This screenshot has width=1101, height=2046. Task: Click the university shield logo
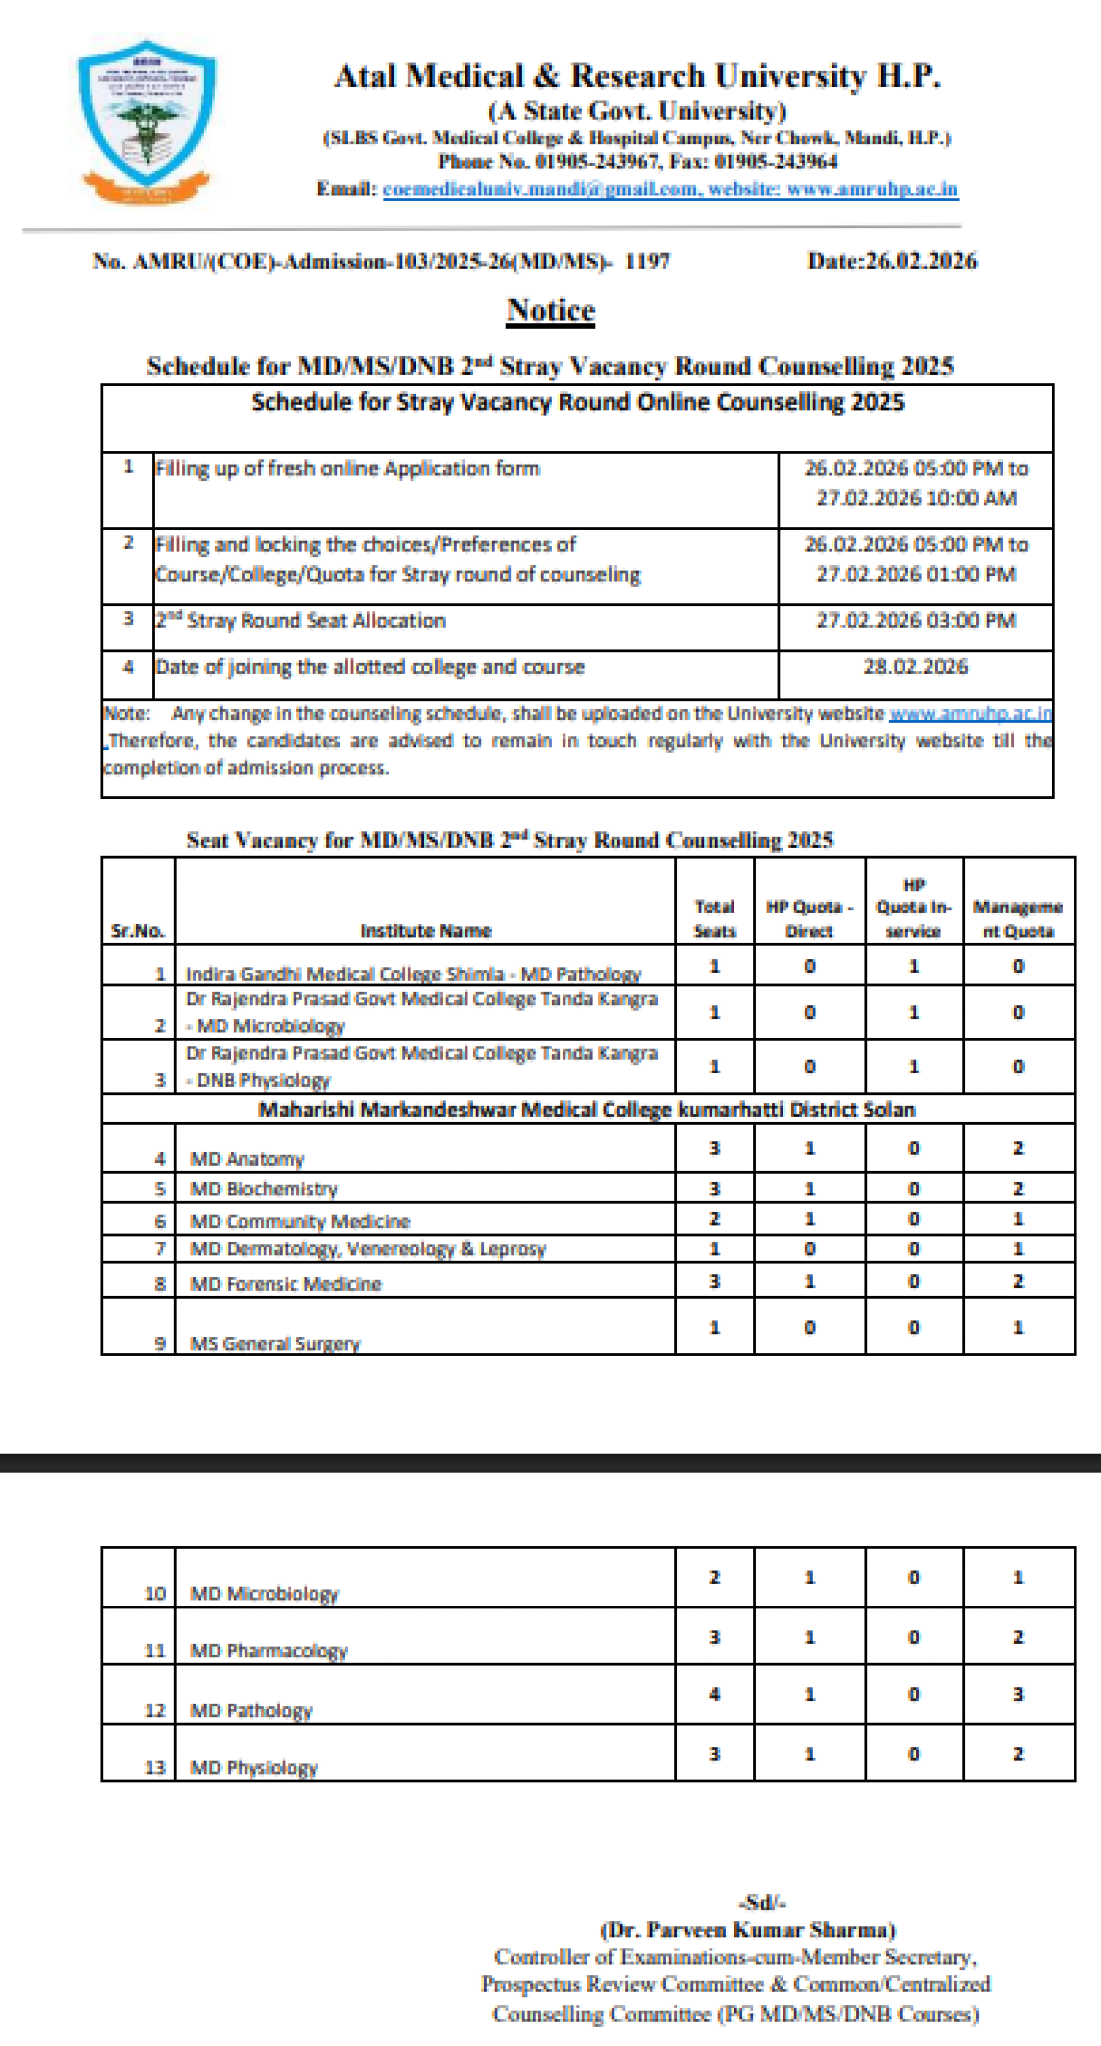point(147,119)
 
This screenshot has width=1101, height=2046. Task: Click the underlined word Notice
point(550,310)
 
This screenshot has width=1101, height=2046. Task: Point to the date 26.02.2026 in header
point(892,261)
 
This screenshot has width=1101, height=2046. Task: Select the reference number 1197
point(647,261)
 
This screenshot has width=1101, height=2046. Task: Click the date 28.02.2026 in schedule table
point(915,666)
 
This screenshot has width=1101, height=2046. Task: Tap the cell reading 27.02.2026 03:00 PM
point(915,620)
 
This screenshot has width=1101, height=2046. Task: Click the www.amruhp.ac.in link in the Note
point(970,713)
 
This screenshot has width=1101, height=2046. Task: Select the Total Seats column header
point(714,918)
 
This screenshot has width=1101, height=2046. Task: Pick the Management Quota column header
point(1018,918)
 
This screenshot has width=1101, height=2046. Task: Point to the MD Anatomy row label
point(247,1159)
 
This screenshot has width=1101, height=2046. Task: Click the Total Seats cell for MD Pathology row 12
point(714,1694)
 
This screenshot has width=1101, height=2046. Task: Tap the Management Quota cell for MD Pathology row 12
point(1018,1694)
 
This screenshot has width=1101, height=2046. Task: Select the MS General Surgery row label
point(275,1343)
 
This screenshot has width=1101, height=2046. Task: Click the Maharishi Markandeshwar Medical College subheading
point(587,1109)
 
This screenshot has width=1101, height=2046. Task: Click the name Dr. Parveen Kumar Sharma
point(747,1929)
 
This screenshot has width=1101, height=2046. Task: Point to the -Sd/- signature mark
point(762,1902)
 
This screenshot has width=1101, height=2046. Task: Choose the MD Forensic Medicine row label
point(286,1283)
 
